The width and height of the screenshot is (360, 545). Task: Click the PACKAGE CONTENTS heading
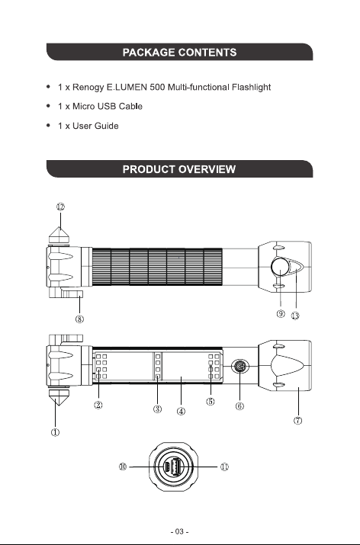click(179, 53)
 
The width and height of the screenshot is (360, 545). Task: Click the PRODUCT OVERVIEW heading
click(179, 169)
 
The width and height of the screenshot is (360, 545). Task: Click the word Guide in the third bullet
click(107, 126)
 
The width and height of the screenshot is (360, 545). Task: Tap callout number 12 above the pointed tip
click(60, 207)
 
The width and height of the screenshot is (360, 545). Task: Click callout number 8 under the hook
click(79, 319)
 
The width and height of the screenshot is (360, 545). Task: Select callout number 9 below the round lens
click(281, 313)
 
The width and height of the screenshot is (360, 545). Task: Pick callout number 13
click(295, 316)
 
